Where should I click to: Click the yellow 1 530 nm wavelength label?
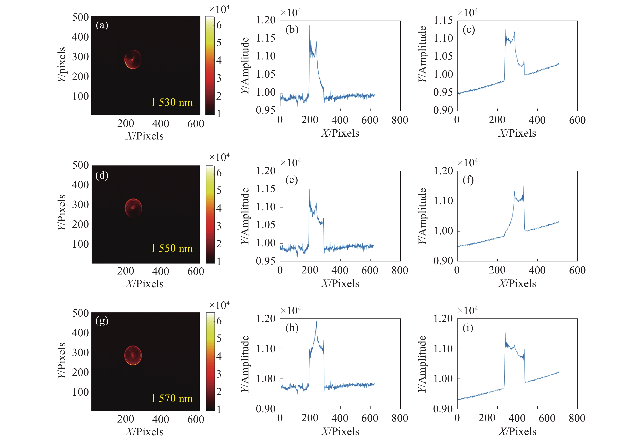[x=172, y=102]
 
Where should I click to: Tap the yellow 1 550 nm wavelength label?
[x=172, y=248]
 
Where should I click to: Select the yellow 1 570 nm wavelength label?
[x=172, y=398]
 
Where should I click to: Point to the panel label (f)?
[x=468, y=180]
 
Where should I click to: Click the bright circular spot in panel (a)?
[x=133, y=59]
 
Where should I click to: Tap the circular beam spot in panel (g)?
[x=133, y=355]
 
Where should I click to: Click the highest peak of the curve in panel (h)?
[x=317, y=322]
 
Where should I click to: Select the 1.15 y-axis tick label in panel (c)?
[x=443, y=20]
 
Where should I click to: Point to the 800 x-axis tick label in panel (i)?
[x=577, y=418]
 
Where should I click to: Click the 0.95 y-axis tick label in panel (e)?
[x=266, y=261]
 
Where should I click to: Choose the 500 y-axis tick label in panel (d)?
[x=80, y=165]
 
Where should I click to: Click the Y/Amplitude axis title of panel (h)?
[x=245, y=364]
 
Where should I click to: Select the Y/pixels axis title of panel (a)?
[x=62, y=65]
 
